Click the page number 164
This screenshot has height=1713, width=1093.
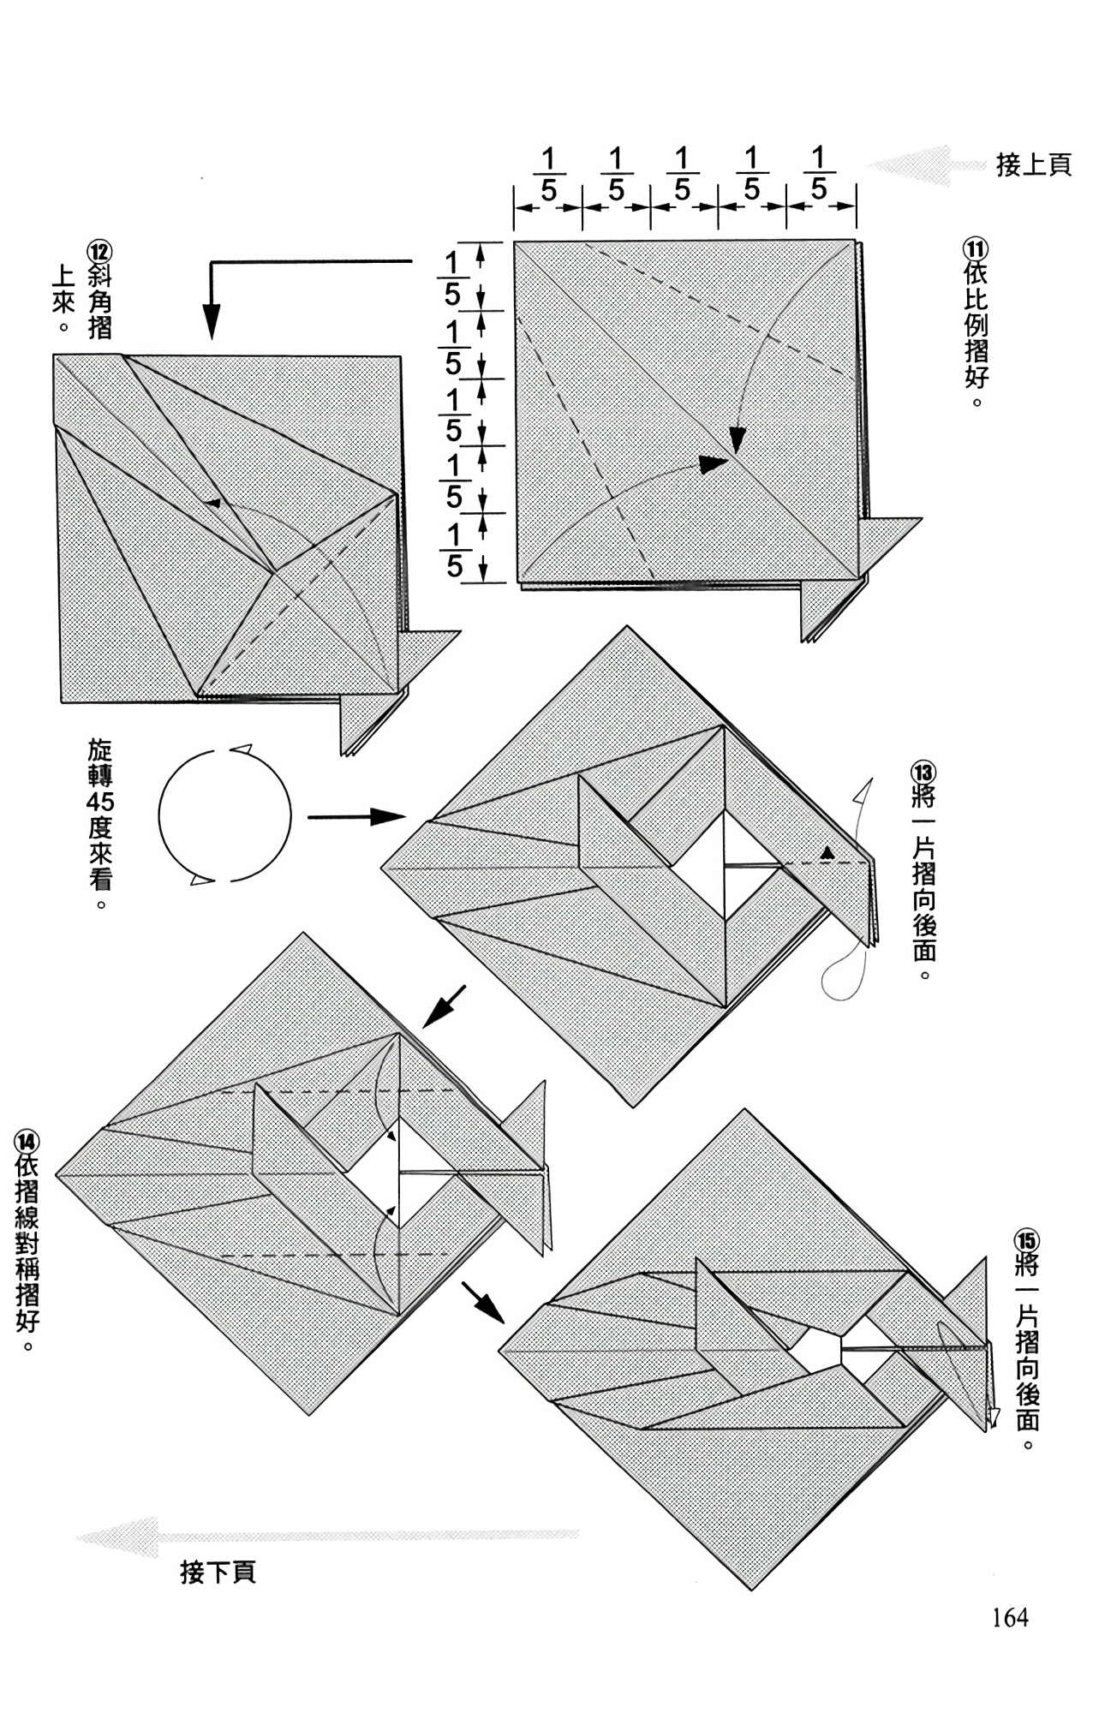(1010, 1617)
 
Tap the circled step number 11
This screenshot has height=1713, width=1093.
(976, 249)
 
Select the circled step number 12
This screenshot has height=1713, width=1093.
(99, 252)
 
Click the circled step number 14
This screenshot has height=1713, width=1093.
(27, 1142)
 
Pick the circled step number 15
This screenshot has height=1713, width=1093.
(1026, 1241)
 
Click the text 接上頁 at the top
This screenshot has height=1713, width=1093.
(1033, 164)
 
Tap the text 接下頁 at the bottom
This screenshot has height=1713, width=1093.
(218, 1571)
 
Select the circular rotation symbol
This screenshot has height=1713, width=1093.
(224, 815)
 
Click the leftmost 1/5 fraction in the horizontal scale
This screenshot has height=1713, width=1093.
(548, 175)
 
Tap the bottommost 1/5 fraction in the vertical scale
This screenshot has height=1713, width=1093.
(454, 551)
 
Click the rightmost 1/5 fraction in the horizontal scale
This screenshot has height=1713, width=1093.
(819, 175)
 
